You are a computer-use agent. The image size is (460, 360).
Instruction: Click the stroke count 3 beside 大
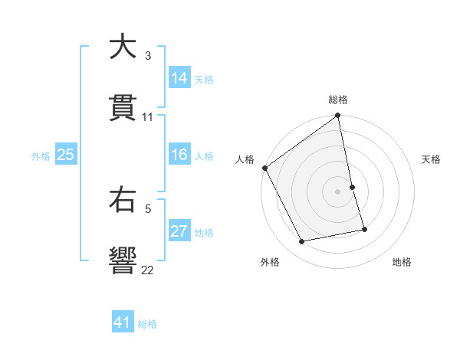(x=148, y=56)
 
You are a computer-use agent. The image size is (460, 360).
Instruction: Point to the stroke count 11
(x=148, y=117)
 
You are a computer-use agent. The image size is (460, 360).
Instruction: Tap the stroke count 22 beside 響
(x=148, y=270)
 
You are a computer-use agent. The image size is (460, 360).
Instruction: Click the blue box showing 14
(x=179, y=77)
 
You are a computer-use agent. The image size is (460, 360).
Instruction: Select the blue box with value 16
(x=179, y=155)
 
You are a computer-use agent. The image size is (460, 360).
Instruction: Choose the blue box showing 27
(x=179, y=231)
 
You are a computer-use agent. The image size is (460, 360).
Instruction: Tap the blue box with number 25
(x=66, y=155)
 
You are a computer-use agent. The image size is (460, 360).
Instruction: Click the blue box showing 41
(x=123, y=322)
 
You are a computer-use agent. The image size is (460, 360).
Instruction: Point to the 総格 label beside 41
(x=147, y=324)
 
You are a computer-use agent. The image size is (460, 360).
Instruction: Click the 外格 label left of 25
(x=41, y=156)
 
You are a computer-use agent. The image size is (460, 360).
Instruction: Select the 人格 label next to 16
(x=204, y=156)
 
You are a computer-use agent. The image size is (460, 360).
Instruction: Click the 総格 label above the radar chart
(x=338, y=100)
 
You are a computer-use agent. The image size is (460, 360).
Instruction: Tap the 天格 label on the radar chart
(x=432, y=159)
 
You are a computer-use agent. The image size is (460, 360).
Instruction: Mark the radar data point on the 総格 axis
(x=338, y=116)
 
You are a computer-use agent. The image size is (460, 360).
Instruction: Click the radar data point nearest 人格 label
(x=264, y=168)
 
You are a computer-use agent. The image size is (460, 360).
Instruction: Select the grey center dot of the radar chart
(x=338, y=191)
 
